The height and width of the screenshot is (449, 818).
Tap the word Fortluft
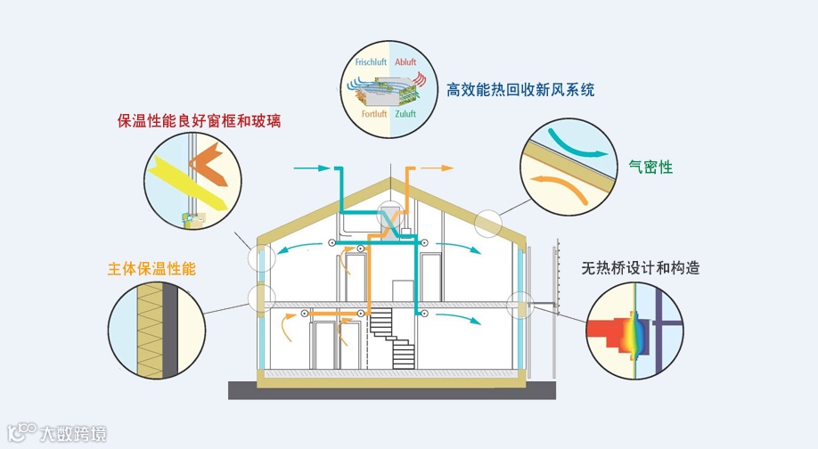[x=374, y=115]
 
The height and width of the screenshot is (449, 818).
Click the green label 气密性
[x=650, y=167]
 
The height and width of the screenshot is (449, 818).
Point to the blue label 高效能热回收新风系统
[x=520, y=89]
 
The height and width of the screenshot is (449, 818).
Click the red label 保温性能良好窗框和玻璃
[x=199, y=120]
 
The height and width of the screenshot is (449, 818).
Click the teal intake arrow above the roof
[x=311, y=167]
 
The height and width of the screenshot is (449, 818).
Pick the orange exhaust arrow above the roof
[x=437, y=167]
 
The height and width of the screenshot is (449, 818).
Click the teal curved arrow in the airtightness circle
[x=574, y=147]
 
